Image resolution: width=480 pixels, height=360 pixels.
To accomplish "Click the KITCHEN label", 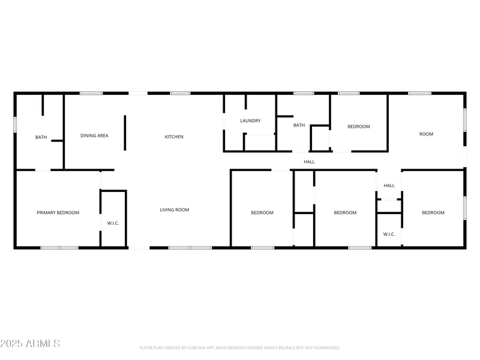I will click(174, 137).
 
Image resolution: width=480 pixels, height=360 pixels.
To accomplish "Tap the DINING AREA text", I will click(94, 136).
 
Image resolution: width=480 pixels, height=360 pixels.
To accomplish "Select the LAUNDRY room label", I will click(250, 121).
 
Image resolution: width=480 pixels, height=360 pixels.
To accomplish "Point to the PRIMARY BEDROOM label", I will click(58, 212).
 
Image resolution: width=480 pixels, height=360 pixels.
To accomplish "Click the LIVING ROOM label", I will click(174, 210).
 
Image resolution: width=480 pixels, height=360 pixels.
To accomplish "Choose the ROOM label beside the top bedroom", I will click(426, 134).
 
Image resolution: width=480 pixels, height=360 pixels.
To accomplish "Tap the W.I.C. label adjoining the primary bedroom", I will click(113, 223).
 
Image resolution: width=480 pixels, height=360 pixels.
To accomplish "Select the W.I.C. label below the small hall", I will click(389, 234).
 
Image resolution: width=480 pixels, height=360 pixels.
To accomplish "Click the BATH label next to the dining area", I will click(41, 137).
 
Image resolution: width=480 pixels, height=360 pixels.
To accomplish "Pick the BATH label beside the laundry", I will click(299, 125).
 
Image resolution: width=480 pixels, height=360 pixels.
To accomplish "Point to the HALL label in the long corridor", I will click(309, 161).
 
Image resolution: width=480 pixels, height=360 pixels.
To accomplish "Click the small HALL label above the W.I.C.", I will click(389, 185).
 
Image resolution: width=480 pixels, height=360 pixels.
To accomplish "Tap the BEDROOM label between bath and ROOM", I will click(359, 127).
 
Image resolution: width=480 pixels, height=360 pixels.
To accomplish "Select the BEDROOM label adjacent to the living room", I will click(262, 212).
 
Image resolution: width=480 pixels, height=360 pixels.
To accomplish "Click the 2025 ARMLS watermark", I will click(30, 343).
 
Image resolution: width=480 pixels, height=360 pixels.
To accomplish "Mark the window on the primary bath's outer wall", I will click(15, 124).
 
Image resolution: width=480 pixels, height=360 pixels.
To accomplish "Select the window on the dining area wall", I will click(91, 93).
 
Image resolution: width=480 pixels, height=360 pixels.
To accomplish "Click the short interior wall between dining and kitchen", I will click(125, 133).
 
